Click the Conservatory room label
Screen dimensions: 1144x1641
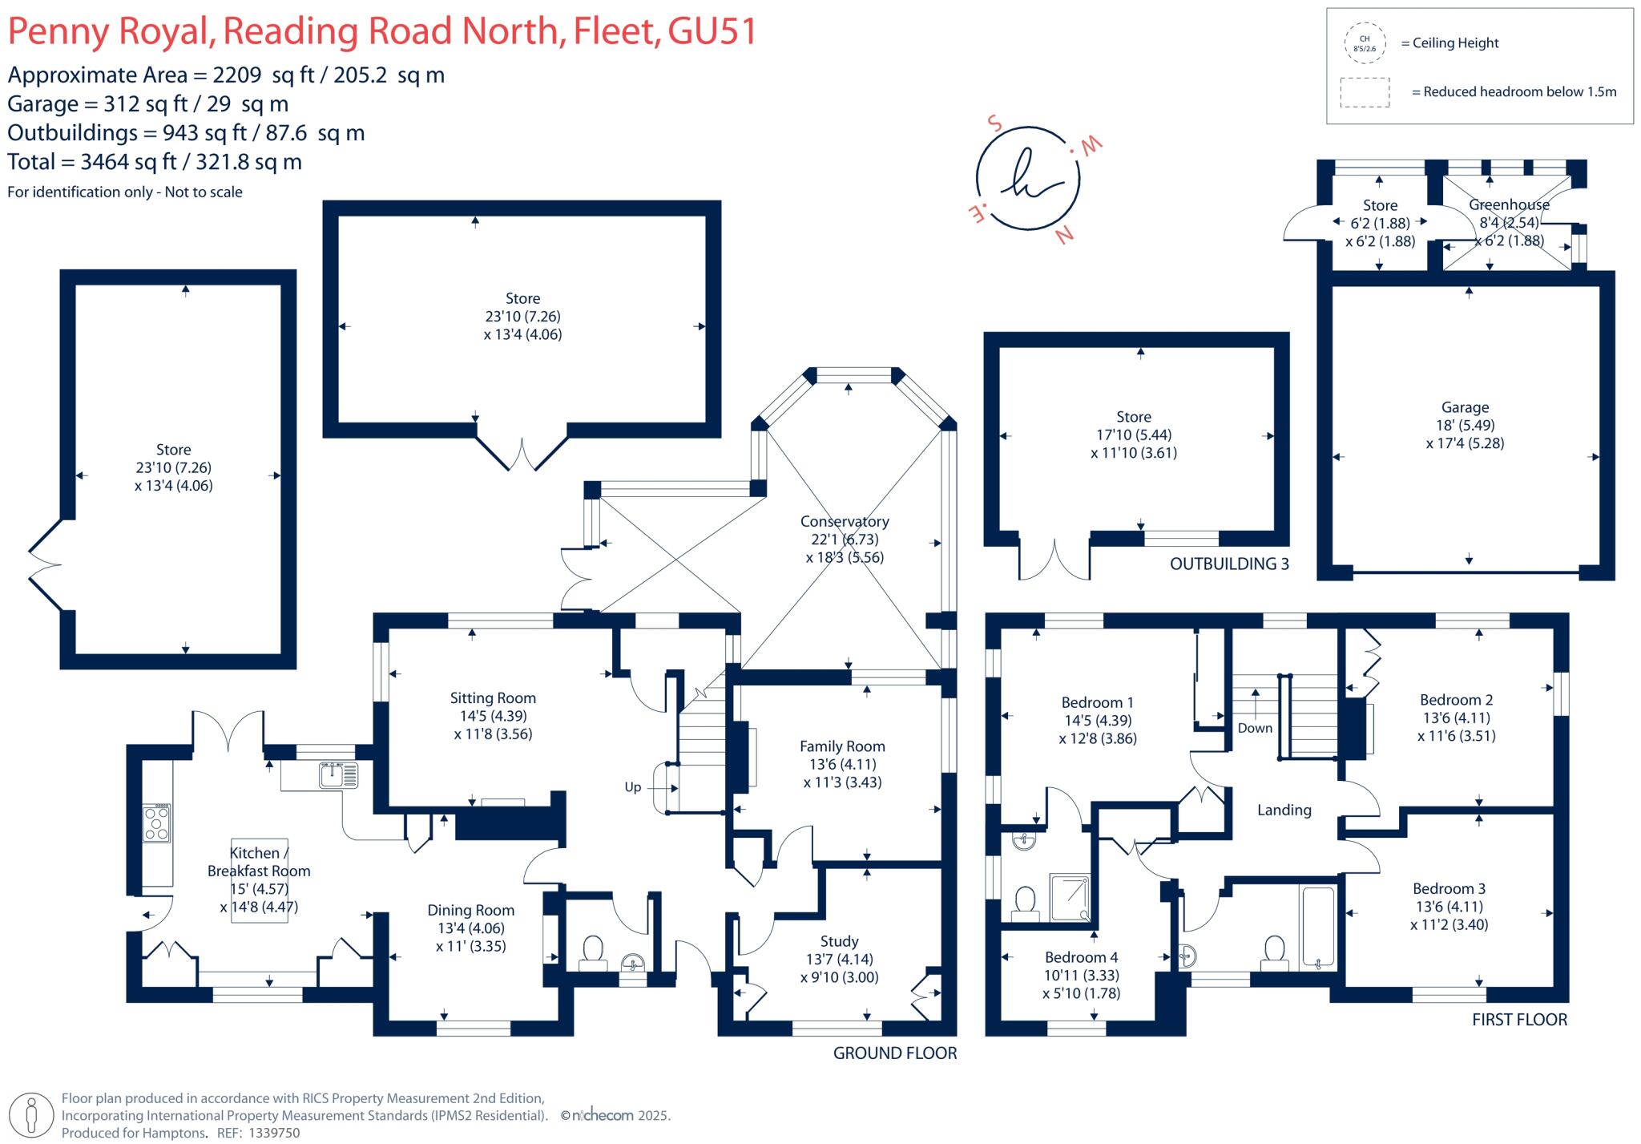[845, 522]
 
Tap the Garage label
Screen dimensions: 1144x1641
[1465, 407]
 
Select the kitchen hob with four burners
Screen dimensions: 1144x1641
[156, 823]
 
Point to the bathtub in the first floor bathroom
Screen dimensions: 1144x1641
[1318, 925]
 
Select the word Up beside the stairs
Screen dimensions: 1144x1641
[633, 787]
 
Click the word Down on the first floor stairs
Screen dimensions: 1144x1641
[1255, 728]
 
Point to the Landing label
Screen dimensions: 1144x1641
[1284, 810]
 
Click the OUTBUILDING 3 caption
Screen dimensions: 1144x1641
[1229, 564]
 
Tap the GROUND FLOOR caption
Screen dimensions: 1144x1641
[895, 1053]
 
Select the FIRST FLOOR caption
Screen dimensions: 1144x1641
[1519, 1020]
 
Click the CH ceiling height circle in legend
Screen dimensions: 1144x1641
[1365, 43]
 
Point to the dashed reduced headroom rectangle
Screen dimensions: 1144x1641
[1365, 92]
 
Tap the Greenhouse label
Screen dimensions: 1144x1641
[1509, 204]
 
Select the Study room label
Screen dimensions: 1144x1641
[839, 941]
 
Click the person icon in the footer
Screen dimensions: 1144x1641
[32, 1115]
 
